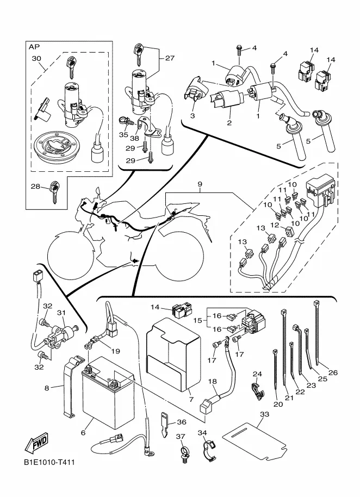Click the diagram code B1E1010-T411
coord(48,463)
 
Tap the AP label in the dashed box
coord(34,47)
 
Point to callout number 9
coord(200,184)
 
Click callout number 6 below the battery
coord(83,433)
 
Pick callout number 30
coord(36,58)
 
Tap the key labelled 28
coord(53,192)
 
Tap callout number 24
coord(257,374)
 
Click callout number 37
coord(180,436)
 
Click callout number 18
coord(213,382)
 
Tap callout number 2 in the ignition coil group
coord(229,123)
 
